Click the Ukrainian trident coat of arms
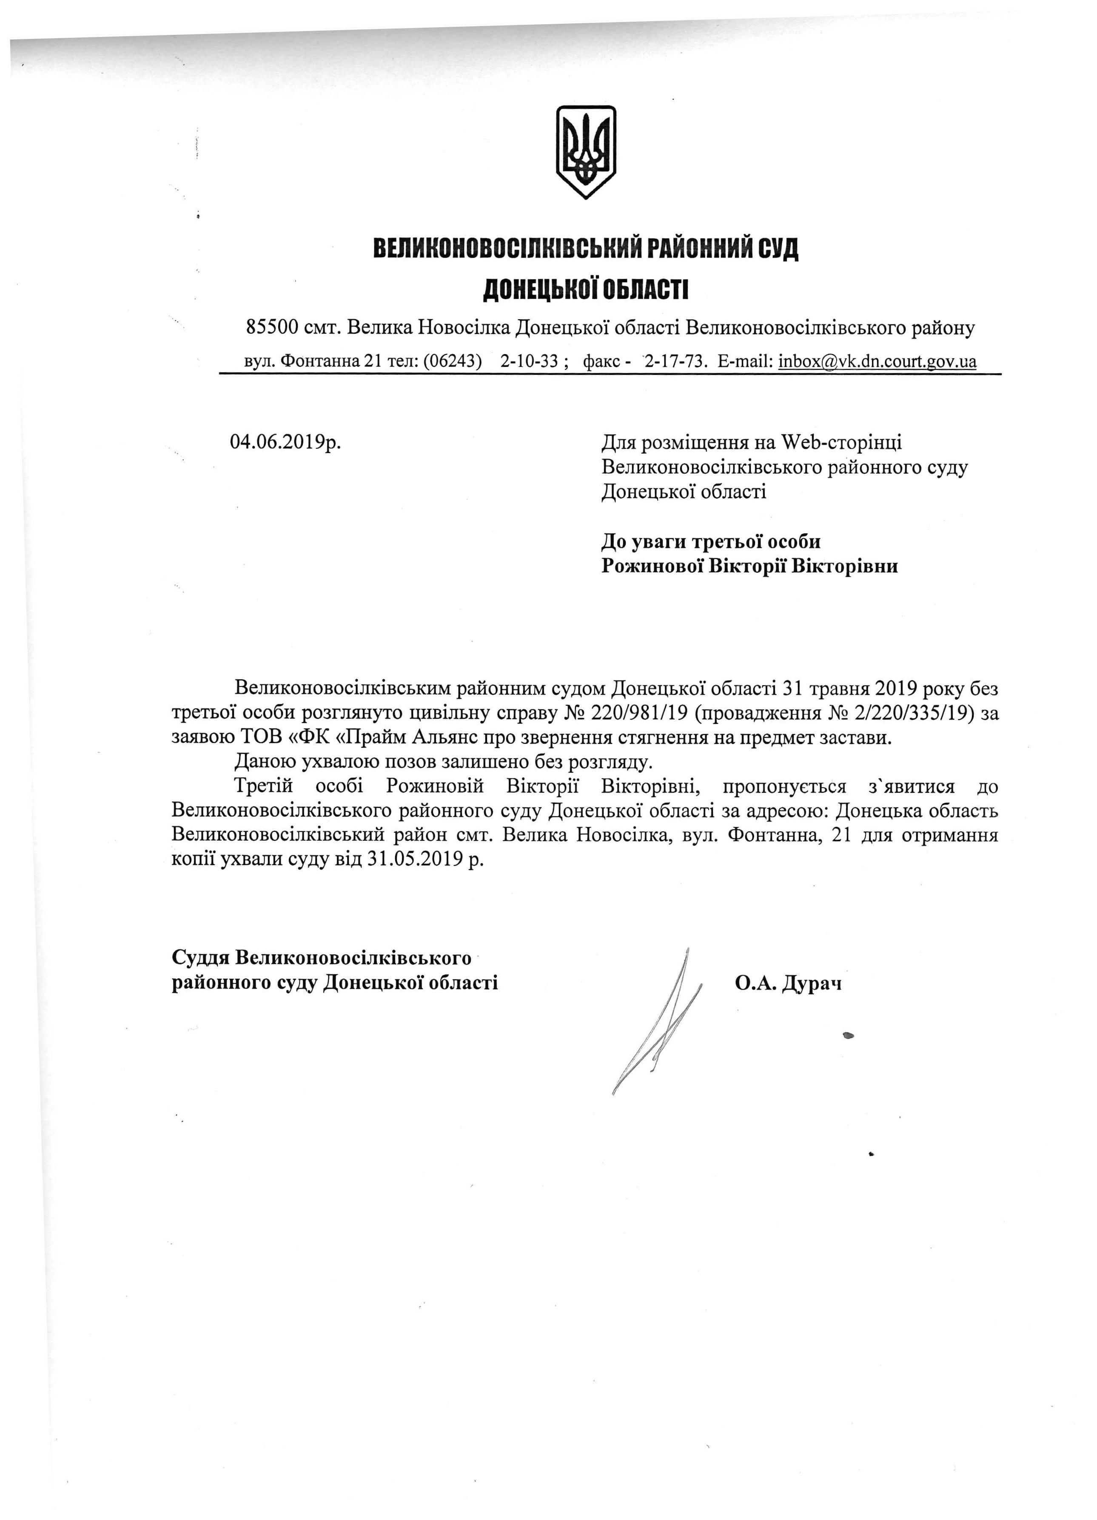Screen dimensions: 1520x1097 point(585,151)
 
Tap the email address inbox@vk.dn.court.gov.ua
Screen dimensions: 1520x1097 point(877,362)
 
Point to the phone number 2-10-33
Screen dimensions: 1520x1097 point(529,362)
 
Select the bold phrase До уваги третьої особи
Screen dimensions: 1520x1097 point(711,542)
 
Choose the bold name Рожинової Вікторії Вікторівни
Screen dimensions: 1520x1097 point(749,566)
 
